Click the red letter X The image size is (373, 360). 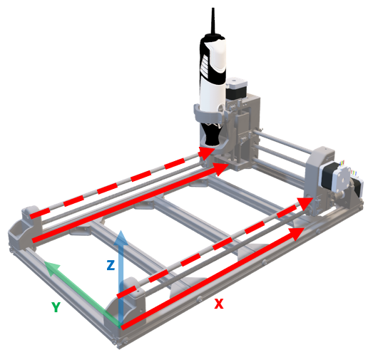[x=219, y=304]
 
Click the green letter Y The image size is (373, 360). [x=55, y=307]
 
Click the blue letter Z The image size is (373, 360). [x=110, y=265]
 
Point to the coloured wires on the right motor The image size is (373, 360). [x=354, y=174]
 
